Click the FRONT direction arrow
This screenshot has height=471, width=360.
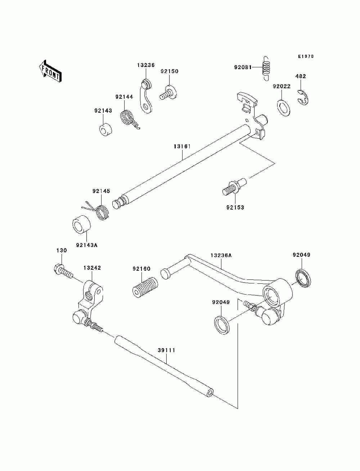click(50, 71)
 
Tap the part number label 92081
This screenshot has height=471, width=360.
click(243, 67)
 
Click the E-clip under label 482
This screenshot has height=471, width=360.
click(303, 98)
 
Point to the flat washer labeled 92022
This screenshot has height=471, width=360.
click(284, 107)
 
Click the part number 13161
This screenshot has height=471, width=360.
click(182, 146)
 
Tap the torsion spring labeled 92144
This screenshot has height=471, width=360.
click(129, 119)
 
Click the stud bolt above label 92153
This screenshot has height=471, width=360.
click(234, 187)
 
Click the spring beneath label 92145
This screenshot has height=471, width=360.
click(98, 211)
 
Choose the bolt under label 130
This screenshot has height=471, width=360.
click(63, 271)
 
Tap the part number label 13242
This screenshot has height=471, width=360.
click(92, 268)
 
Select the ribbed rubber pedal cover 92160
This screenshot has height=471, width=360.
click(145, 287)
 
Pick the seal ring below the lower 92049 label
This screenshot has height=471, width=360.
click(222, 325)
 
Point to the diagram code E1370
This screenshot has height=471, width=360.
click(306, 57)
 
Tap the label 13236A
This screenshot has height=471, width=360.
click(221, 255)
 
